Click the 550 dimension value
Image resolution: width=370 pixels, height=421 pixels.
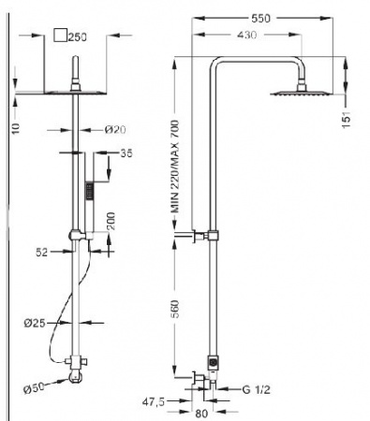click(x=260, y=19)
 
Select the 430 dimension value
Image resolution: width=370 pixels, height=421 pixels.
click(x=246, y=35)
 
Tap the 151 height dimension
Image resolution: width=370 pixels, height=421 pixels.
click(x=347, y=119)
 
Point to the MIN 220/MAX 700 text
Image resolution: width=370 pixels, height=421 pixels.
click(x=175, y=167)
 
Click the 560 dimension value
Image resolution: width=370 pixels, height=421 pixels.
click(x=175, y=309)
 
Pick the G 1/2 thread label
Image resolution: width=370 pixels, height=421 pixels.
click(x=256, y=389)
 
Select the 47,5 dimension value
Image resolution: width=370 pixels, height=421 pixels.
click(x=154, y=401)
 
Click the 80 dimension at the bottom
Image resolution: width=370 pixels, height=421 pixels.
click(x=201, y=414)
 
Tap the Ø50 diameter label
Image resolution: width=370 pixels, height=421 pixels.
click(x=35, y=388)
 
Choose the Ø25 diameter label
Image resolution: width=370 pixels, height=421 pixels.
click(x=35, y=324)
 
